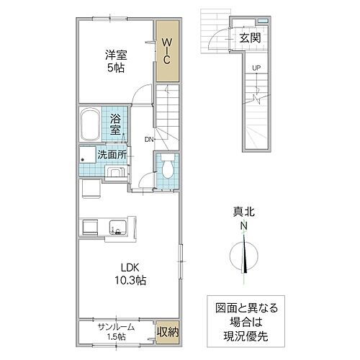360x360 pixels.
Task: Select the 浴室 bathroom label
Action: click(114, 127)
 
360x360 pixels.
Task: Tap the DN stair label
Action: click(149, 139)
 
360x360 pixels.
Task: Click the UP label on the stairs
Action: click(256, 68)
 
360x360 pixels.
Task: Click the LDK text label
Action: click(120, 266)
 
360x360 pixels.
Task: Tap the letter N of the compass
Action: click(246, 225)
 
